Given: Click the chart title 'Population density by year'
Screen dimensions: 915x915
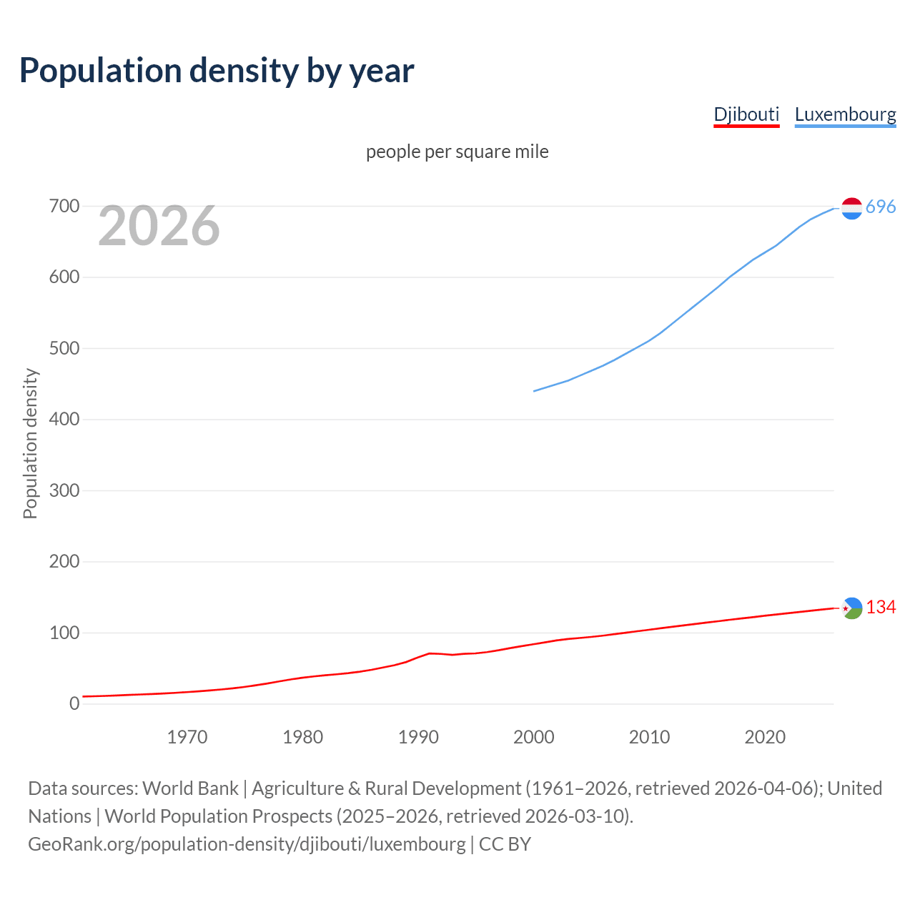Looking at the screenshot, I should pos(217,71).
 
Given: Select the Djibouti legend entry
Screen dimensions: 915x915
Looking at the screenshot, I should pos(746,114).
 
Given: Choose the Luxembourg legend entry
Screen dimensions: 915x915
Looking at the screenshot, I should pos(845,114).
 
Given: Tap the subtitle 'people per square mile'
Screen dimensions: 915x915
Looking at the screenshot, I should pos(457,152).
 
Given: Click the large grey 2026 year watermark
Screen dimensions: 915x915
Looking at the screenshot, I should pos(159,226).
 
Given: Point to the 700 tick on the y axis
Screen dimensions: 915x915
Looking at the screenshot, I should pos(64,207).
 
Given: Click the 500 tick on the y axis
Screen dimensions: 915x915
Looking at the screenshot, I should pos(64,349).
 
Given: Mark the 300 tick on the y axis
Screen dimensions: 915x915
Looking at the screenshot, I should pos(64,491).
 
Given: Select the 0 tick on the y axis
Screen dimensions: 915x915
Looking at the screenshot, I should pos(74,704).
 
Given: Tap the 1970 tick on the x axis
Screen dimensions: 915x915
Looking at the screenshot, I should pos(187,737).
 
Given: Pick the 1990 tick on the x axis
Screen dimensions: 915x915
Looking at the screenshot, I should pos(418,737).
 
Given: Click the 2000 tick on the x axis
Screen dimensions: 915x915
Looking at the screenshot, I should pos(534,737).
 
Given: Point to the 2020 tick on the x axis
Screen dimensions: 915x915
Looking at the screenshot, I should pos(765,737).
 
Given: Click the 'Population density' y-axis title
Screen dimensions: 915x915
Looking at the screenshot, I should pos(30,443).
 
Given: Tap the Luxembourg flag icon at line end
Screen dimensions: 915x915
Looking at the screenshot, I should pos(851,208).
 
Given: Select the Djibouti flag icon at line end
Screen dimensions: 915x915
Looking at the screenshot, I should pos(851,608).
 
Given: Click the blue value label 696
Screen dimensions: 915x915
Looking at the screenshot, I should pos(881,207).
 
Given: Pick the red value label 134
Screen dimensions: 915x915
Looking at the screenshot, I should pos(881,608).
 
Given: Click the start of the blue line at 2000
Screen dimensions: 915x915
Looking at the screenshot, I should pos(535,391).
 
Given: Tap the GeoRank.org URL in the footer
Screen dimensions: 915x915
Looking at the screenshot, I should pos(247,844).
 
